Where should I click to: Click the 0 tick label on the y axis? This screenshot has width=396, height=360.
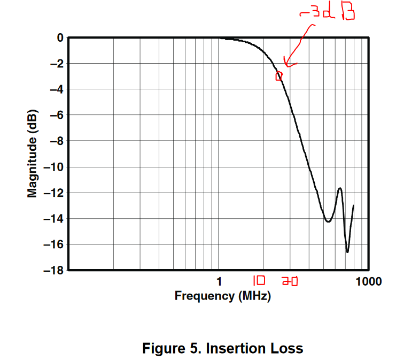(x=60, y=38)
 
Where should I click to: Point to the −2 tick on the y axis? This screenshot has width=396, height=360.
(x=57, y=64)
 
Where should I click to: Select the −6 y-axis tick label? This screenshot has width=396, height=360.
(x=57, y=115)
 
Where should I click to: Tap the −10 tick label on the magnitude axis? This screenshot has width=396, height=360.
(x=55, y=167)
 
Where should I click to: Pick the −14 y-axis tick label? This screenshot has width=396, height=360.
(x=55, y=218)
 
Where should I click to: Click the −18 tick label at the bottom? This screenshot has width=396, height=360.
(x=55, y=270)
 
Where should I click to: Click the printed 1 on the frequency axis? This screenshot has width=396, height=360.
(x=219, y=281)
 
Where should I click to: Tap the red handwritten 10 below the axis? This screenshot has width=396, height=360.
(x=259, y=280)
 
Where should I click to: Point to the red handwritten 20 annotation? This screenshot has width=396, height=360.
(x=289, y=281)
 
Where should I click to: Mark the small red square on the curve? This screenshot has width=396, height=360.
(x=278, y=77)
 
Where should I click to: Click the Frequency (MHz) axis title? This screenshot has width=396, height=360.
(x=222, y=295)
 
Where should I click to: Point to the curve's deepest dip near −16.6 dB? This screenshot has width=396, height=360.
(x=347, y=251)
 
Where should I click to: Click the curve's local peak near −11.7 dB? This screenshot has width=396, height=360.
(x=340, y=188)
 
